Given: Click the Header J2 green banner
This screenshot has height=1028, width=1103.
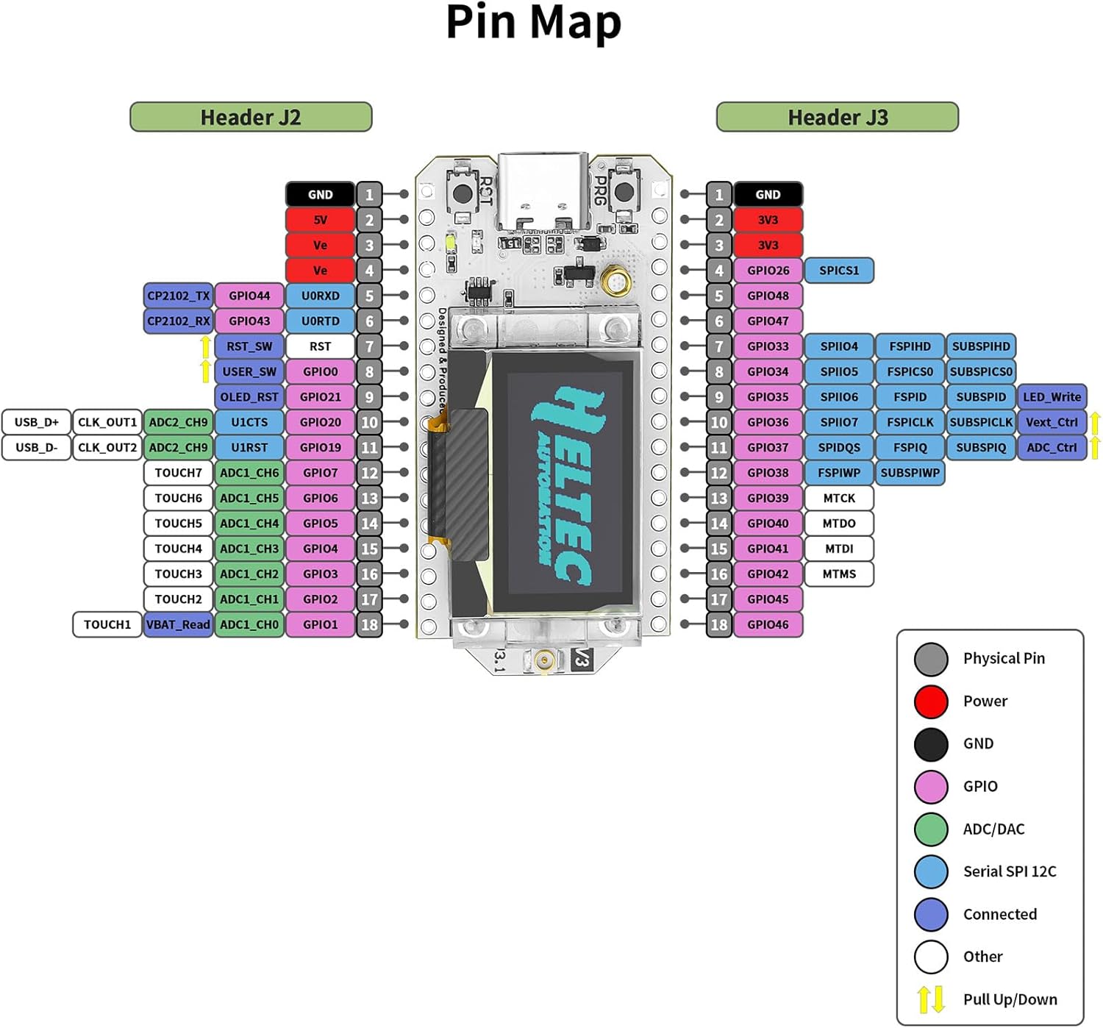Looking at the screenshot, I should [x=251, y=117].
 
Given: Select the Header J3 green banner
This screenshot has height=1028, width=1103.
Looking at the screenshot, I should [x=837, y=117].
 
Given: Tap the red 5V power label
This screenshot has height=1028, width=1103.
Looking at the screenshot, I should [x=320, y=220].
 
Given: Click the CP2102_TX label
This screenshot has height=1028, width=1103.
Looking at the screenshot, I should [x=178, y=296].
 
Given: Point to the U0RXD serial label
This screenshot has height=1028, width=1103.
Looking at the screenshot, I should [x=320, y=296].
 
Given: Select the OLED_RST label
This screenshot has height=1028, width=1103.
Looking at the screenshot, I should [x=249, y=397].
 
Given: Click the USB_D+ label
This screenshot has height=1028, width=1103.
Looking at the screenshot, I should [x=36, y=422].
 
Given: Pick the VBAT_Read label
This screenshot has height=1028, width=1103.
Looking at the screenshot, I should [x=178, y=624].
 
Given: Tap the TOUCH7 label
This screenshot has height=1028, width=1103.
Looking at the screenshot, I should [x=178, y=473].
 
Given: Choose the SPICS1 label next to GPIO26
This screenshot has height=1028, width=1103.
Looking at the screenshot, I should [x=838, y=271].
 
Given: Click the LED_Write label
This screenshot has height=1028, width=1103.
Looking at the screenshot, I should [x=1052, y=397].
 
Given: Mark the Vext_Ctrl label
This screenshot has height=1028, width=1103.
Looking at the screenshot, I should [x=1052, y=422].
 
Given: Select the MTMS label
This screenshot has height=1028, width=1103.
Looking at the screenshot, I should [x=838, y=574].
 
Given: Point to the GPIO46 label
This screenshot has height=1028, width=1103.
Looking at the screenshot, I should [x=768, y=624].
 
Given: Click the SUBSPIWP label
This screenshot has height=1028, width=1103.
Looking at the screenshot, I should [x=910, y=473].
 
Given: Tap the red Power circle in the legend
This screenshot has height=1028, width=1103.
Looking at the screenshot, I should [x=931, y=701].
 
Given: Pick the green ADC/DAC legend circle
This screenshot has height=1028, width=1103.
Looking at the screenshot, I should [x=931, y=829].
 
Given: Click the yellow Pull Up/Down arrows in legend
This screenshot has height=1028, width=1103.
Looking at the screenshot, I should [x=931, y=999].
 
